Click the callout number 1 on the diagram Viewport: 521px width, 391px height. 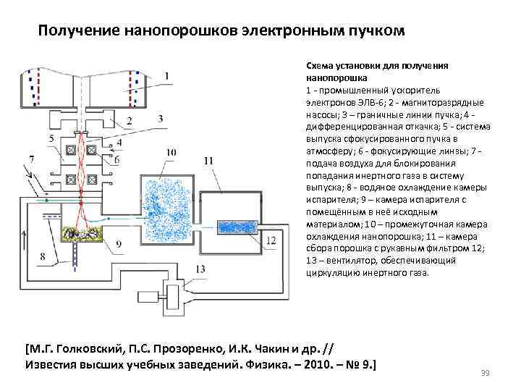pos(167,75)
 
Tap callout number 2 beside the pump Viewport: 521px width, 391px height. pos(148,120)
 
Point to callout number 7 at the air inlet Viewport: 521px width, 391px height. pos(32,159)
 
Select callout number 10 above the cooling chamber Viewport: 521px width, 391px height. pos(170,152)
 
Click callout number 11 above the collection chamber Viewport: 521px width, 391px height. pos(208,160)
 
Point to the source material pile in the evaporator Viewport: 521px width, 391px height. pos(84,233)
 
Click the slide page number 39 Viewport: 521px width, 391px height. pos(486,373)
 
